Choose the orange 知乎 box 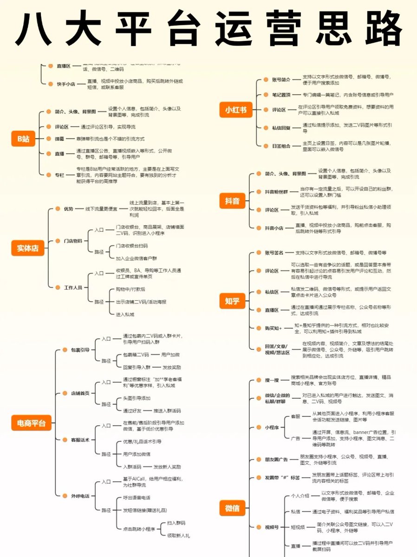(232, 301)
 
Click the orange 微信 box (232, 508)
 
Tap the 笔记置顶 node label (281, 94)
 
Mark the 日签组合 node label (281, 146)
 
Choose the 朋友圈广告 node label (276, 460)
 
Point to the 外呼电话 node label (80, 496)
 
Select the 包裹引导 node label (80, 350)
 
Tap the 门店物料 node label (73, 240)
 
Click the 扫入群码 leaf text (176, 523)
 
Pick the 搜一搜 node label (272, 380)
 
